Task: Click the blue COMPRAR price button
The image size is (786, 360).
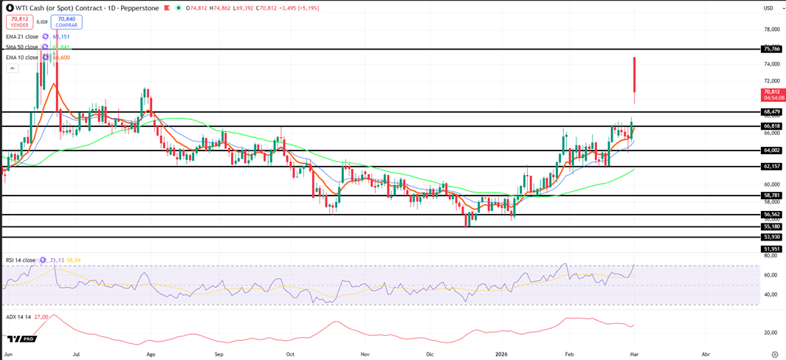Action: click(66, 22)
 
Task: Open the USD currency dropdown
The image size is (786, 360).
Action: click(768, 8)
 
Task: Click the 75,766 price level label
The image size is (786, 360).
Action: click(771, 49)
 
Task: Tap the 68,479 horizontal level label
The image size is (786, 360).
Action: click(771, 111)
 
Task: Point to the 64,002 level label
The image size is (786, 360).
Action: click(771, 150)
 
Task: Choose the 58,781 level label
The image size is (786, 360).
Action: click(771, 195)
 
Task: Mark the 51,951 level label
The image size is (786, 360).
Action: click(771, 249)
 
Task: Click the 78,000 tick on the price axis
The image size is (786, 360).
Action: click(771, 30)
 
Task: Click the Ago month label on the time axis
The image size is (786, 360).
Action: click(151, 354)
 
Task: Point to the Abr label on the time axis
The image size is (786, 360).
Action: click(706, 354)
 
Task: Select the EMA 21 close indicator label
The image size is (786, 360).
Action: click(22, 36)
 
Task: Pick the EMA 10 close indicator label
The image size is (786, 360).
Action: click(22, 58)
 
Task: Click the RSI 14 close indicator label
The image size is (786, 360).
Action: click(21, 260)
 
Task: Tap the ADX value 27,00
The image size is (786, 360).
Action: click(41, 316)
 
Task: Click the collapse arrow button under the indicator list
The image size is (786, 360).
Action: click(12, 69)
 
